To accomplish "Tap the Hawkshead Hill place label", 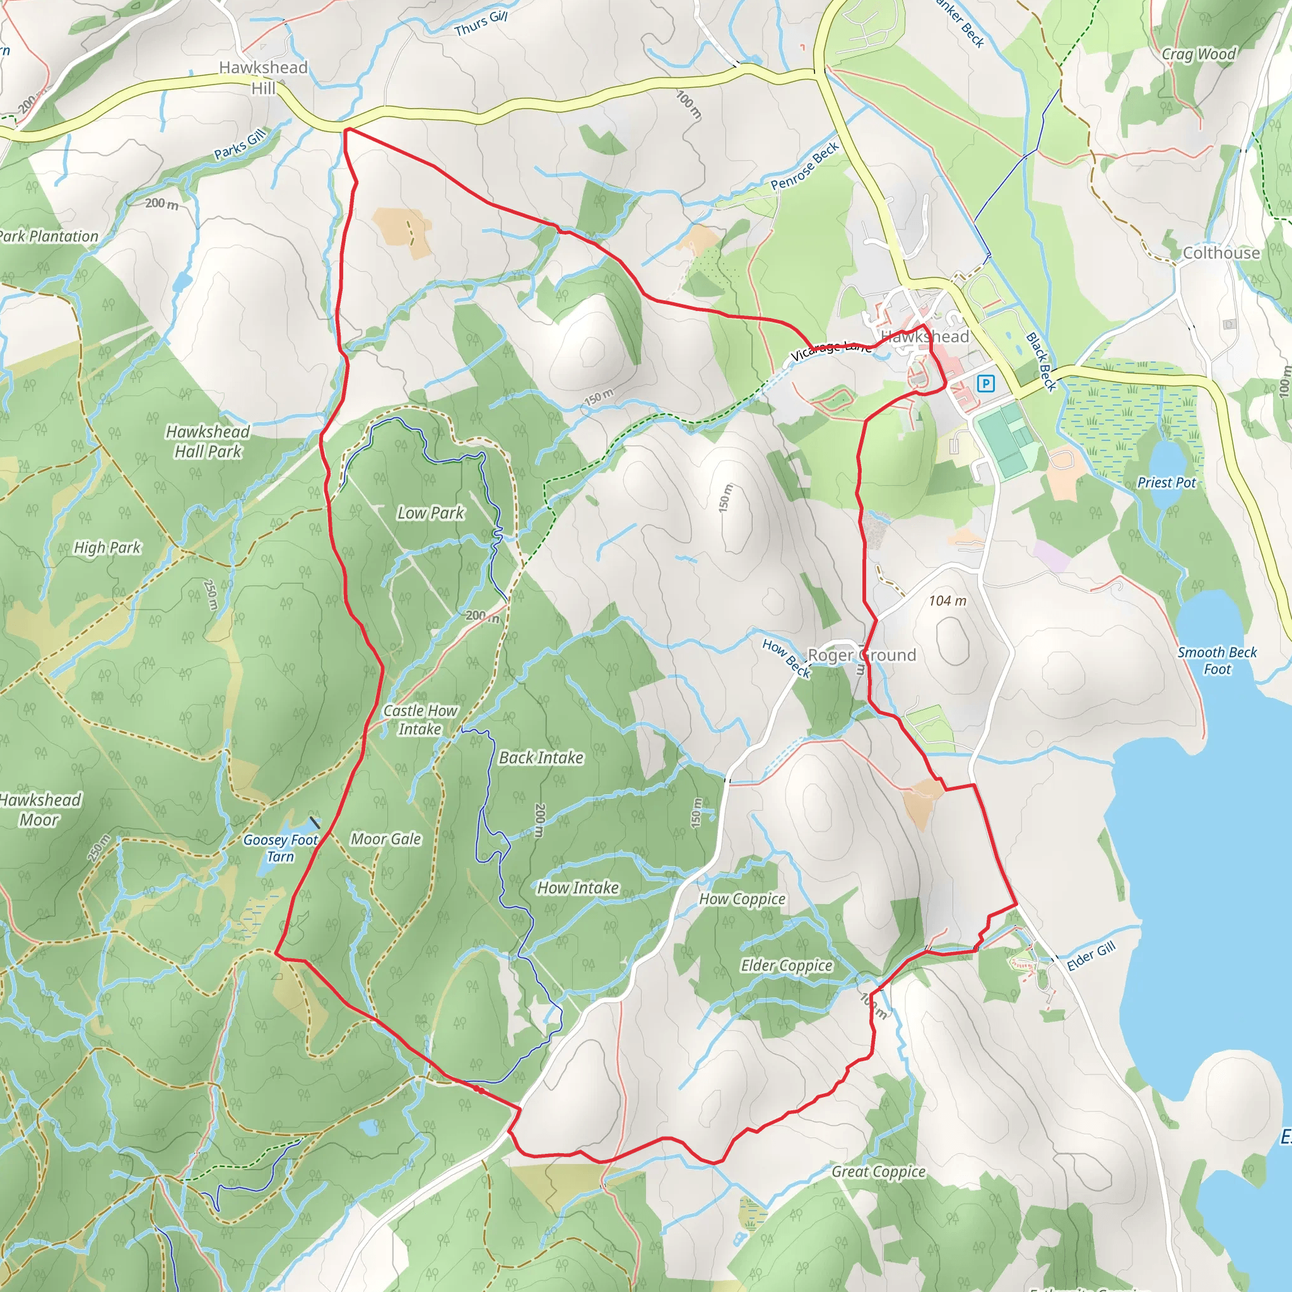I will (263, 77).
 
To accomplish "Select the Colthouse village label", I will (1221, 253).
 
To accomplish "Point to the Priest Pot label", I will (1166, 482).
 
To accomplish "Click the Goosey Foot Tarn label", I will (280, 848).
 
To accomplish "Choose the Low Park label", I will (430, 513).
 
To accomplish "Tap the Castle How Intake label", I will (420, 720).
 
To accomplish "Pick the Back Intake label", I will (541, 757).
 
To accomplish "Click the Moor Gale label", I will (386, 838).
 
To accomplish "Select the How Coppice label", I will (742, 899).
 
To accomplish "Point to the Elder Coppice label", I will (787, 965).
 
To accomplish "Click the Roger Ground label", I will (861, 655).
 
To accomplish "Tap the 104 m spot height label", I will (947, 601).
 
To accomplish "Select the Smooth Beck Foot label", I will (1217, 660).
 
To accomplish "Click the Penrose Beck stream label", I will (804, 166).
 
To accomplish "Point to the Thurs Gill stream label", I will (481, 24).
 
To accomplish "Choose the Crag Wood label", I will (1199, 54).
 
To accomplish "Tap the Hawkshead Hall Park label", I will (208, 442).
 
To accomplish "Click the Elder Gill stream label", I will (1091, 956).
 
